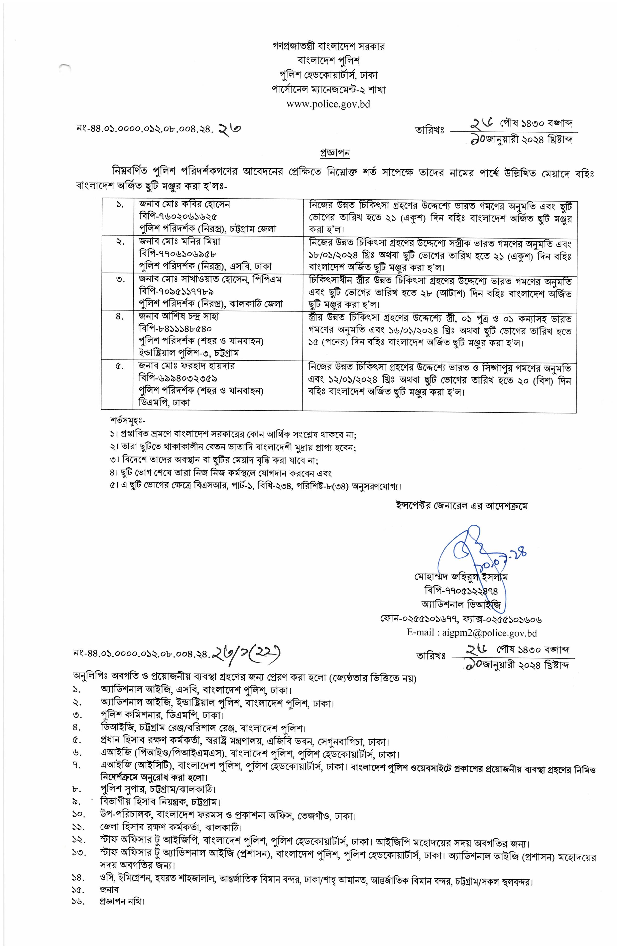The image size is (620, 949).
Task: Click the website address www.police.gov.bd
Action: click(328, 104)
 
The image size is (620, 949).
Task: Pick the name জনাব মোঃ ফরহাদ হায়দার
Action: click(187, 366)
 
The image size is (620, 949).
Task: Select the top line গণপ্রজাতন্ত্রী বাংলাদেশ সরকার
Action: click(328, 46)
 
